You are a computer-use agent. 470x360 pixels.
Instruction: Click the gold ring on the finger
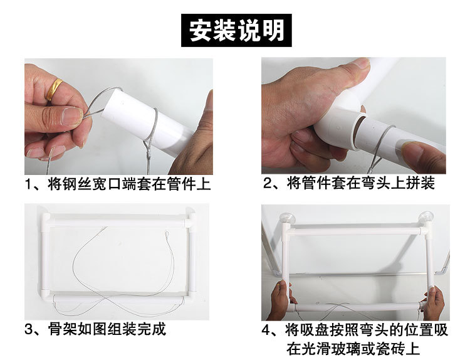pos(55,88)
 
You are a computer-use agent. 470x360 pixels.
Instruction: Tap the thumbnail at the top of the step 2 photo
pos(361,63)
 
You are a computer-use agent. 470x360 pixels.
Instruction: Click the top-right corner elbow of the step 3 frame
pos(189,221)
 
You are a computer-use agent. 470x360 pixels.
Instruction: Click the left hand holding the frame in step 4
pos(279,299)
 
